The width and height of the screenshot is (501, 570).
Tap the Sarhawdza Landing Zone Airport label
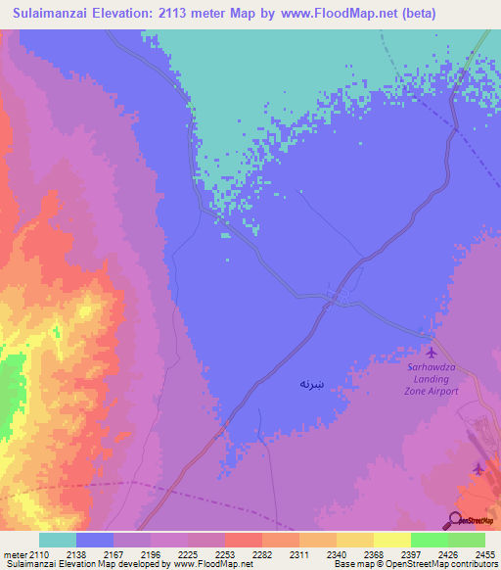(x=432, y=380)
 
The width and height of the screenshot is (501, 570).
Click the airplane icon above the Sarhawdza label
(x=432, y=352)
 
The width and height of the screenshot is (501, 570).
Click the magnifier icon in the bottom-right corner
(x=455, y=520)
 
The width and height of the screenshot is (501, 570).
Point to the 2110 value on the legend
(x=38, y=552)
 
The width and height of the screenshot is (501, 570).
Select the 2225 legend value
(x=189, y=552)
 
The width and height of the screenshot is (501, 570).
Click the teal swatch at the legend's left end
(x=57, y=540)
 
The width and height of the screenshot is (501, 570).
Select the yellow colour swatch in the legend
(x=354, y=540)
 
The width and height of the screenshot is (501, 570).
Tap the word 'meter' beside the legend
(x=13, y=552)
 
